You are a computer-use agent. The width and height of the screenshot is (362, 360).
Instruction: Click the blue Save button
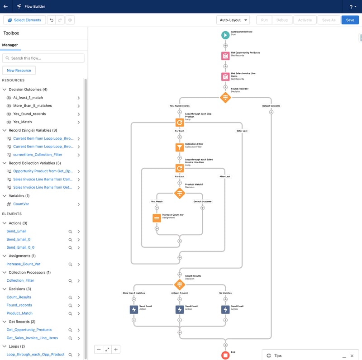coord(350,20)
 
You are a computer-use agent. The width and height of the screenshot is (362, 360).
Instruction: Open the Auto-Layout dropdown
coord(233,20)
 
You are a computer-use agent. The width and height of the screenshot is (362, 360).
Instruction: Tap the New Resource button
coord(19,71)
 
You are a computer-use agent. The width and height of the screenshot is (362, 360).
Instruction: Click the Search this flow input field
coord(43,58)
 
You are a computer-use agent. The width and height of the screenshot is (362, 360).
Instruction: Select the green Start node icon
coord(225,35)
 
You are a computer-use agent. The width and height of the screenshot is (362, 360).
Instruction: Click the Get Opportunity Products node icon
coord(225,56)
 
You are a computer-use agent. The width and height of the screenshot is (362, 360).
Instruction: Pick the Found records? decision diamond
coord(225,97)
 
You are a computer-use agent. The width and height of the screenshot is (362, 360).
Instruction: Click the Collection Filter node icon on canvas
coord(180,147)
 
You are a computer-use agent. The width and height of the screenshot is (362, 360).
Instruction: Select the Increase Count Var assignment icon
coord(157,218)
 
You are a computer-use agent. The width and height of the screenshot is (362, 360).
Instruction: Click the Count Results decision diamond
coord(180,284)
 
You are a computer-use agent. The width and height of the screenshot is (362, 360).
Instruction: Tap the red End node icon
coord(225,355)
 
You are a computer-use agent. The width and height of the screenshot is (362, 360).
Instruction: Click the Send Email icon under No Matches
coord(225,309)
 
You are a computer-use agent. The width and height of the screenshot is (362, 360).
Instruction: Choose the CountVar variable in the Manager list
coord(21,204)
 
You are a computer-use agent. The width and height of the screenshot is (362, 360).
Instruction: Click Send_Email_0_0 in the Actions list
coord(20,247)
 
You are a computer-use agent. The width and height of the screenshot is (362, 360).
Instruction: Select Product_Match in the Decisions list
coord(19,313)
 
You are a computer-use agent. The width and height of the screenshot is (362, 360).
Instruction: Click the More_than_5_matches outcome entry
coord(32,106)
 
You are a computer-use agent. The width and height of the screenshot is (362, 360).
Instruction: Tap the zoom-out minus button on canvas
coord(99,350)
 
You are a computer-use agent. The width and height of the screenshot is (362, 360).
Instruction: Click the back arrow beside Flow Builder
coord(5,6)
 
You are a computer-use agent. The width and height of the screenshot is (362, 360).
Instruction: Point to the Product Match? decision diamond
coord(180,193)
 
